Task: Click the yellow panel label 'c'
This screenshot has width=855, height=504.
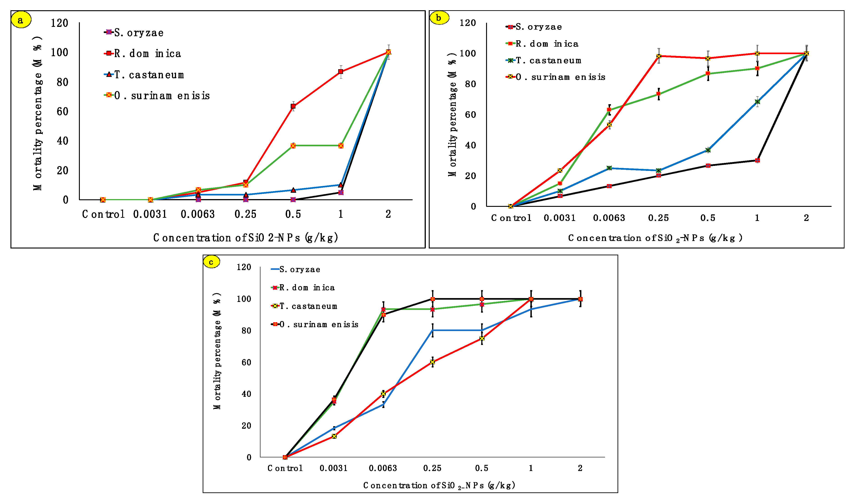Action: click(x=212, y=262)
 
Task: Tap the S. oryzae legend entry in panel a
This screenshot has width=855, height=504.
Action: click(x=134, y=33)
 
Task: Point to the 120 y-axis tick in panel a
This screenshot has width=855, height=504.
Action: click(x=59, y=23)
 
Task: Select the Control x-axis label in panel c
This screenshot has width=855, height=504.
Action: click(x=285, y=468)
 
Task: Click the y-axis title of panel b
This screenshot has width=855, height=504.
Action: click(x=452, y=114)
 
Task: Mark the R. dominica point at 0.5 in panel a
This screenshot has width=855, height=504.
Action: click(x=293, y=106)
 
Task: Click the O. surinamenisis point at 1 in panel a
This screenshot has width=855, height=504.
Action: click(x=341, y=146)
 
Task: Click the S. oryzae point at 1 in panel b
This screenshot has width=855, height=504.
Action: click(x=757, y=160)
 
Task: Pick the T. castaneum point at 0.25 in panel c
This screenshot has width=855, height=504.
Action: click(x=432, y=362)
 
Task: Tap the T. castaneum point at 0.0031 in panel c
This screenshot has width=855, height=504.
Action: click(x=334, y=436)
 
